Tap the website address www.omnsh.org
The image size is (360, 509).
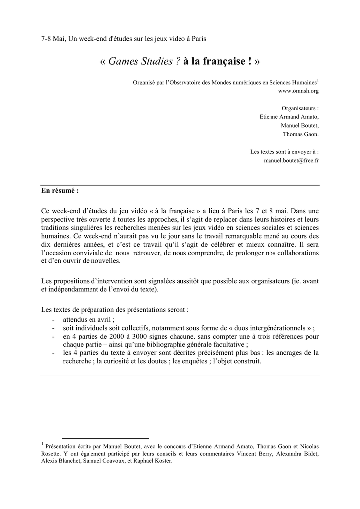(298, 91)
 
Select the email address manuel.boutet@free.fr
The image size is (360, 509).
(291, 161)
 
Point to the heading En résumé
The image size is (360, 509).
(60, 190)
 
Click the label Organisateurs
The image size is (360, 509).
(300, 107)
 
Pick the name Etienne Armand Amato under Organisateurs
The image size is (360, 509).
(289, 116)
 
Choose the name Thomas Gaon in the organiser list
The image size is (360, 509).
(301, 134)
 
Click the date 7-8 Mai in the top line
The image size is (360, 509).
(53, 38)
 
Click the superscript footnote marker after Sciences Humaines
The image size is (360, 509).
(318, 80)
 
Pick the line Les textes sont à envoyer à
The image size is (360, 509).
(284, 152)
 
